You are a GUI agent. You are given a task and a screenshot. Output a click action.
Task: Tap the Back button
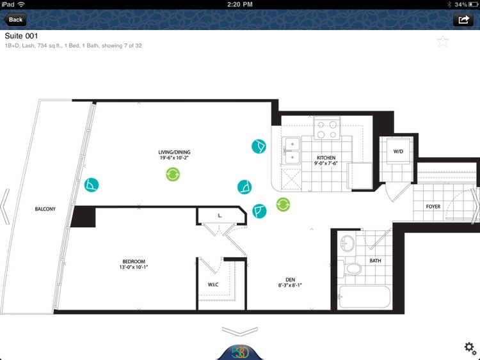point(15,20)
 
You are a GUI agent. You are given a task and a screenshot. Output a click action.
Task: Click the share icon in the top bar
point(463,20)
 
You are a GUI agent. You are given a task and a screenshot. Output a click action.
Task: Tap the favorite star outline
point(443,42)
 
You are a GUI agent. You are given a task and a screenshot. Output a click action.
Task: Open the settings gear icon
point(470,348)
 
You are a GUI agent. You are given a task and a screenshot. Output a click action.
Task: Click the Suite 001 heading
point(21,36)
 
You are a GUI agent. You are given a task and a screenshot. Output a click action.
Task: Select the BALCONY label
point(45,209)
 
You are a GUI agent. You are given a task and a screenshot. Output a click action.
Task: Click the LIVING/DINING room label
point(174,152)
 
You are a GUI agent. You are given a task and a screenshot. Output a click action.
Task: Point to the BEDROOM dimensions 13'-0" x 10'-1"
point(134,267)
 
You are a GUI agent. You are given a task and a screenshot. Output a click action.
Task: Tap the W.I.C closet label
point(213,285)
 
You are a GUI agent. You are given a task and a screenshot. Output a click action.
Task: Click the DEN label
point(290,279)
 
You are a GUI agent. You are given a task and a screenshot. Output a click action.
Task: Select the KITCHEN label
point(326,157)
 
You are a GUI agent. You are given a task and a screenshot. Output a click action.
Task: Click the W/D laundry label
point(398,152)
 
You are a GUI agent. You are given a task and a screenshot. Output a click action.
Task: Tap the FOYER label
point(433,207)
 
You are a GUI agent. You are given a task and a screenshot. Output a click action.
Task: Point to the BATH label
point(375,261)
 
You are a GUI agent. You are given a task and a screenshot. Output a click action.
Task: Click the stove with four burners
point(326,128)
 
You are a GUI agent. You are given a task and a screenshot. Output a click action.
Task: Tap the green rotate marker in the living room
point(173,175)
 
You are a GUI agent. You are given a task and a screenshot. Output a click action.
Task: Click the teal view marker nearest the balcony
point(92,185)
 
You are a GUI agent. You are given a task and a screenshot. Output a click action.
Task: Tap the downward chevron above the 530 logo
point(240,331)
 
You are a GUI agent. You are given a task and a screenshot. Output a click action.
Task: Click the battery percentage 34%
point(461,4)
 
